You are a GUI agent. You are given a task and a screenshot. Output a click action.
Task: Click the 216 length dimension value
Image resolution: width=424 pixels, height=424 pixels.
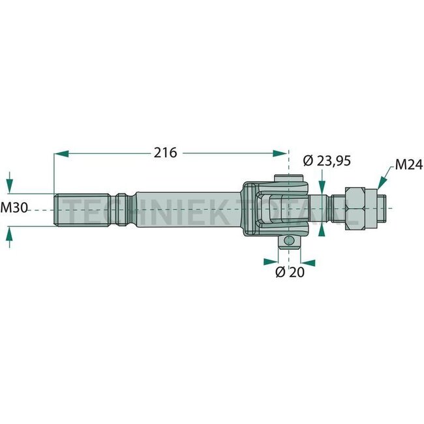coord(165,153)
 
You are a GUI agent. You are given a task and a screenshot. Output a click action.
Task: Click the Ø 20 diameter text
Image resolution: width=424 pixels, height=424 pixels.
coord(288,272)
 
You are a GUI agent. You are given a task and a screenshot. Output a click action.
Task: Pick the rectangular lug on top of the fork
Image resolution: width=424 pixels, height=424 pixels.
coord(288,180)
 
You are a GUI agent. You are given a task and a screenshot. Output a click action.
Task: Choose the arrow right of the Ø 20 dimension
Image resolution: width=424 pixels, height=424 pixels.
coord(308,262)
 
